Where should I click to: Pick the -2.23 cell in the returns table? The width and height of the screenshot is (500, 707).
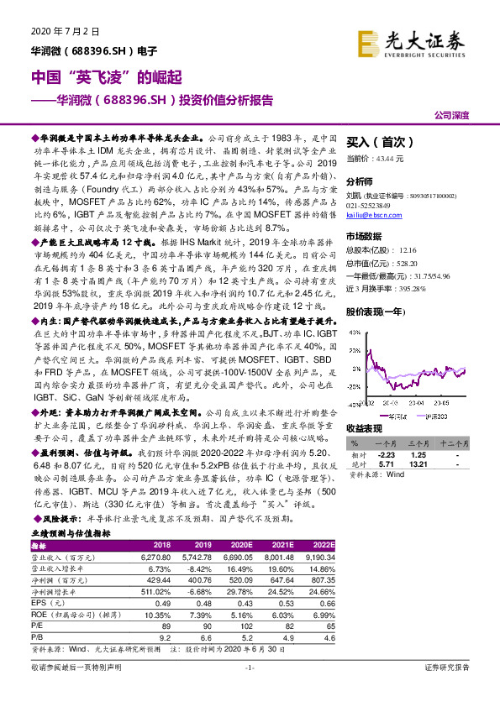385,453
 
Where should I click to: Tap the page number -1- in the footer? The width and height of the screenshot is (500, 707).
249,690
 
